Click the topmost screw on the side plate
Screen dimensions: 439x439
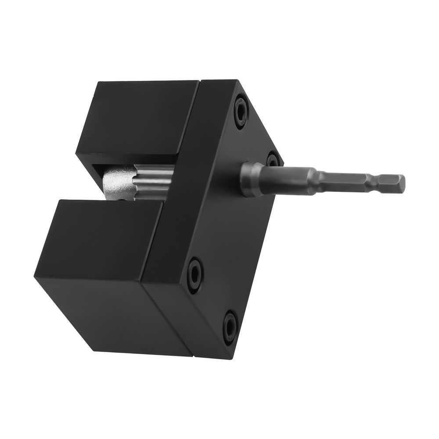241,113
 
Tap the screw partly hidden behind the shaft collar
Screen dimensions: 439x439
272,158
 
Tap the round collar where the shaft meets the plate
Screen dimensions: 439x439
251,178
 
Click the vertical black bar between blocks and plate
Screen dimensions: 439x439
184,184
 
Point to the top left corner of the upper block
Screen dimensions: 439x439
97,82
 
